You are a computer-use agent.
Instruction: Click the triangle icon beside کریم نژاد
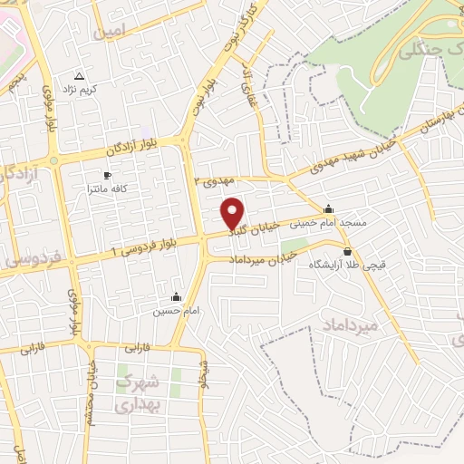[78, 77]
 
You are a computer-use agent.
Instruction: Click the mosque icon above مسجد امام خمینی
[328, 208]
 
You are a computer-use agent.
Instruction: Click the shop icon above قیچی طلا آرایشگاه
[347, 251]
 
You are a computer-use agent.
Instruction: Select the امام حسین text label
[172, 311]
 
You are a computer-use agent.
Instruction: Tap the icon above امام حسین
[176, 296]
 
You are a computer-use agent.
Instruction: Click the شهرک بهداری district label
[140, 394]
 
